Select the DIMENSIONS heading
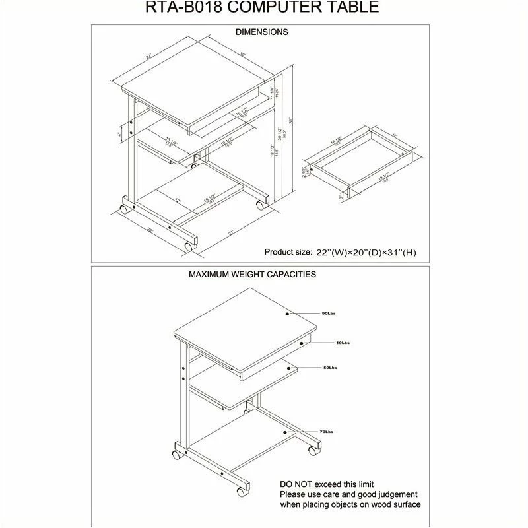point(261,32)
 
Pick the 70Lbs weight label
point(325,432)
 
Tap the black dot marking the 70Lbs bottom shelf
point(286,432)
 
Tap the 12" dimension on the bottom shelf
point(178,200)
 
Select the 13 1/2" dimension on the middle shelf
point(173,139)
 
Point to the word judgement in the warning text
point(385,493)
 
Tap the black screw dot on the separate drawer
point(403,152)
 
